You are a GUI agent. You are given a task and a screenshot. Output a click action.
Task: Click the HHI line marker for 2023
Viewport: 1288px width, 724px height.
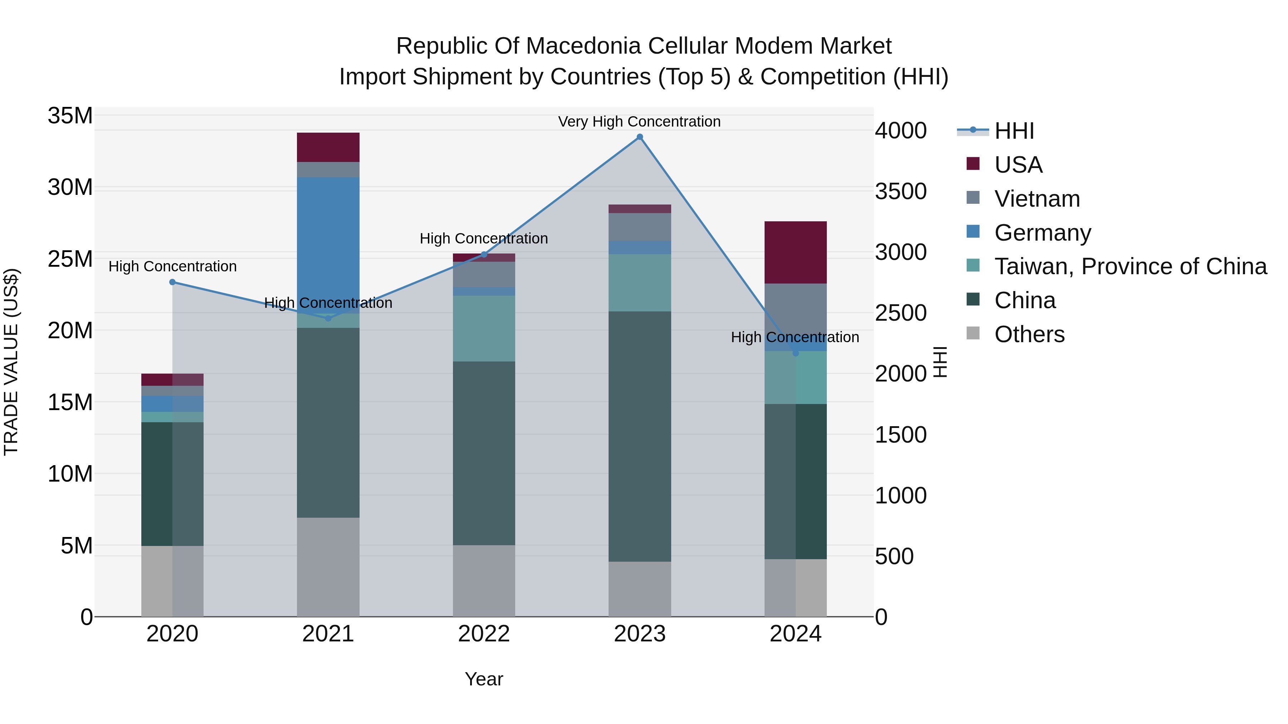(639, 137)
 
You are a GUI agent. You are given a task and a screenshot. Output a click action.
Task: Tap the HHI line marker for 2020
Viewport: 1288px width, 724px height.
(172, 282)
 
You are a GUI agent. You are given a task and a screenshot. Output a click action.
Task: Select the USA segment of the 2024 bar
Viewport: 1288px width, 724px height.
(795, 252)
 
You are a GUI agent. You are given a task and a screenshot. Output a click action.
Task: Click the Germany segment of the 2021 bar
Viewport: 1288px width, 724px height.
(328, 240)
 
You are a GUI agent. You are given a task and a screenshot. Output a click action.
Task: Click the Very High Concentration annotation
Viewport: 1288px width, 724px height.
(639, 122)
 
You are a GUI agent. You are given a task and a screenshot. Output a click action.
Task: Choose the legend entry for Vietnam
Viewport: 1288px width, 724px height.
(1036, 199)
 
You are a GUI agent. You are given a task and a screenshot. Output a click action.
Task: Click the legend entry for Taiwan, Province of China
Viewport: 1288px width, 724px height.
(1130, 266)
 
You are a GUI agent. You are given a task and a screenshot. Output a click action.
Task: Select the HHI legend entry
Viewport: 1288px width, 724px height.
(1014, 131)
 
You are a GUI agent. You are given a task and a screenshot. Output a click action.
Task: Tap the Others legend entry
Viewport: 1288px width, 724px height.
(1029, 334)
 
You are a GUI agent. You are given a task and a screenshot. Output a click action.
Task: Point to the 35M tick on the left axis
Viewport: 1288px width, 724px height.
(70, 116)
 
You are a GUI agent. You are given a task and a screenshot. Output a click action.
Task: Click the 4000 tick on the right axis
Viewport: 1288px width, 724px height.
(901, 131)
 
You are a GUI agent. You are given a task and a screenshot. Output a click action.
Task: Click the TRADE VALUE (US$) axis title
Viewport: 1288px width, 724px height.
(11, 362)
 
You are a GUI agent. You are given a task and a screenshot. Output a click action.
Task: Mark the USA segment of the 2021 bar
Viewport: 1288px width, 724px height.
(328, 147)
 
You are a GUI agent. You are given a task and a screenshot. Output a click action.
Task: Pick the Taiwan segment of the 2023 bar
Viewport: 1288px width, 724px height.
(639, 282)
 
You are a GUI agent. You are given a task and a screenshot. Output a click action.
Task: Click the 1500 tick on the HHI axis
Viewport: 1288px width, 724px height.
(901, 435)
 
